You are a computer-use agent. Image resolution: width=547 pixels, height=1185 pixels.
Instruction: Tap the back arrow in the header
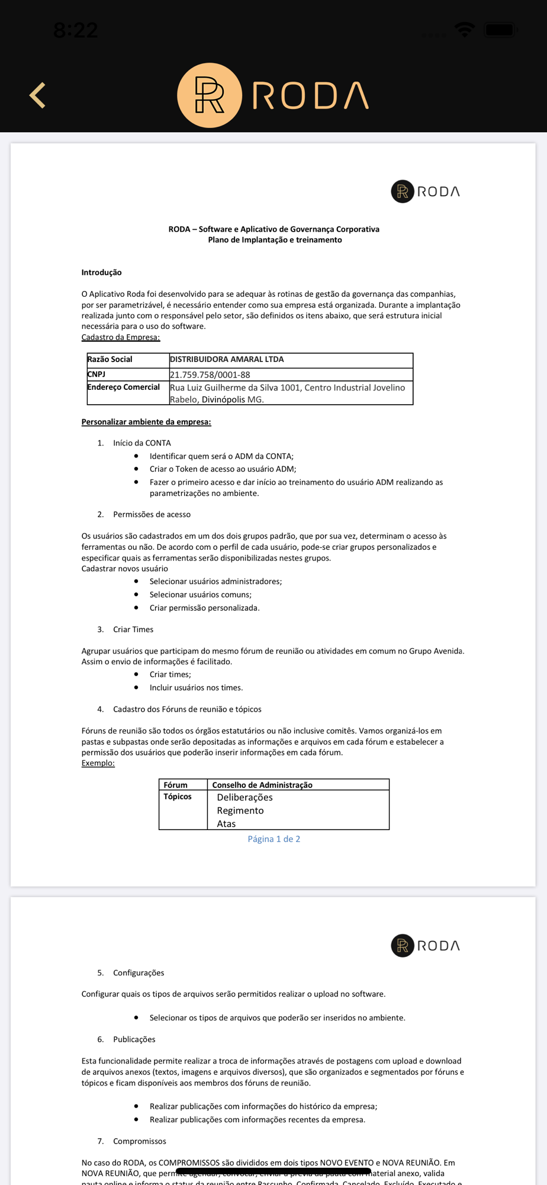tap(38, 95)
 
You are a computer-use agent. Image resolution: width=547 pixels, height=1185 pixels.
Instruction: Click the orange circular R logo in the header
tap(210, 95)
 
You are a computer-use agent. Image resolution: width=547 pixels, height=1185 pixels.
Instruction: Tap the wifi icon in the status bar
tap(465, 29)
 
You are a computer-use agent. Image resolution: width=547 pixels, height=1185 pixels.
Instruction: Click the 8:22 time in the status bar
tap(75, 30)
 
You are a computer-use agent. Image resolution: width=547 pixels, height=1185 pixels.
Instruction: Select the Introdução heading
tap(101, 273)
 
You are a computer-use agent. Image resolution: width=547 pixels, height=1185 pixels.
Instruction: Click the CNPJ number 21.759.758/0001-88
tap(210, 374)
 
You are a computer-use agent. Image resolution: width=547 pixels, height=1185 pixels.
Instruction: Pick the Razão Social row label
tap(110, 359)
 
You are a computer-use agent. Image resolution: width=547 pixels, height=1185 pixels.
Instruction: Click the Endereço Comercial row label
tap(123, 387)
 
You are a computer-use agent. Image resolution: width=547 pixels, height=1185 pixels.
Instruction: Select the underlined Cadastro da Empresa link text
tap(121, 337)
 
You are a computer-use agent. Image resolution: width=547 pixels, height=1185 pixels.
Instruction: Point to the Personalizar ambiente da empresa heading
tap(146, 422)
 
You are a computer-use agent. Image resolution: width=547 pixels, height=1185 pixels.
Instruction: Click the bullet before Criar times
tap(136, 674)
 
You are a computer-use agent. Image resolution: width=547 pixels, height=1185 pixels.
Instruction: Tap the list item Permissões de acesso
tap(152, 514)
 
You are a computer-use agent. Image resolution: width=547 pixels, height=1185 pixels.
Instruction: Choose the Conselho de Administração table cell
tap(262, 784)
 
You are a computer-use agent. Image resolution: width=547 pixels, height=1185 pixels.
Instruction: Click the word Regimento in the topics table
tap(240, 811)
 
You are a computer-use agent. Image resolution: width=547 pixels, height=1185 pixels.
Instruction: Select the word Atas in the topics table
tap(226, 824)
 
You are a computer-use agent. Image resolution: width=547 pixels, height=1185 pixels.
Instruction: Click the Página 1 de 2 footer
tap(273, 839)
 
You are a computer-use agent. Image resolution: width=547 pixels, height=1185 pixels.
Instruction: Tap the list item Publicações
tap(134, 1039)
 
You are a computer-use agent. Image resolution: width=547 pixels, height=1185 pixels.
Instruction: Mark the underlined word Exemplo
tap(98, 763)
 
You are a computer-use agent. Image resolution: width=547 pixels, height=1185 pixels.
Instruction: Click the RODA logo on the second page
tap(425, 946)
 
